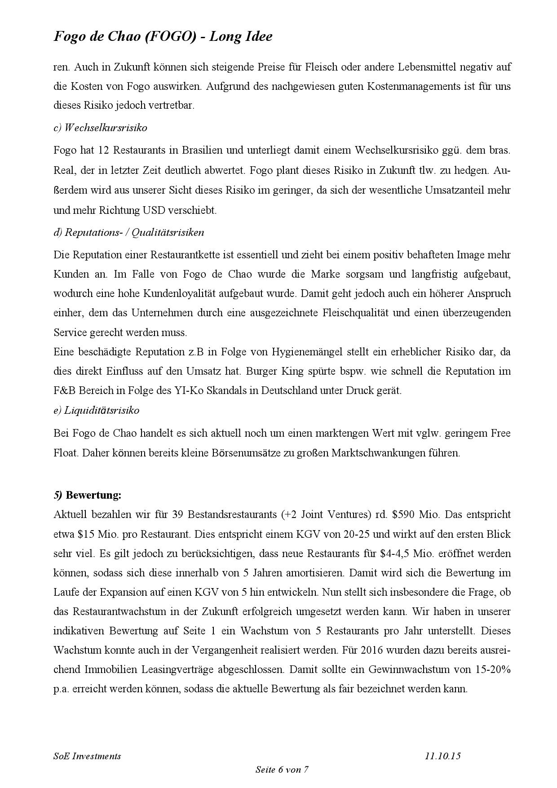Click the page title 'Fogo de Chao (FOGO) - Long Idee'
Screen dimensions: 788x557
tap(163, 36)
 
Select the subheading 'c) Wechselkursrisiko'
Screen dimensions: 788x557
tap(100, 128)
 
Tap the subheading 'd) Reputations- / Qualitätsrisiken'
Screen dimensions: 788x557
tap(128, 232)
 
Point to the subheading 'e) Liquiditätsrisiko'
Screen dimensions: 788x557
tap(96, 410)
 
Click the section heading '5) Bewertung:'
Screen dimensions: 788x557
tap(87, 495)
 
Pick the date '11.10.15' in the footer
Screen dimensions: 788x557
tap(442, 756)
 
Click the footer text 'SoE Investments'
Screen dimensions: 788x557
tap(87, 756)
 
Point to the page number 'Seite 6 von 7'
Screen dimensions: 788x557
tap(282, 770)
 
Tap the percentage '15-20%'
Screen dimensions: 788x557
tap(493, 669)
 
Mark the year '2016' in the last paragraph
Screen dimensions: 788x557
tap(371, 650)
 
